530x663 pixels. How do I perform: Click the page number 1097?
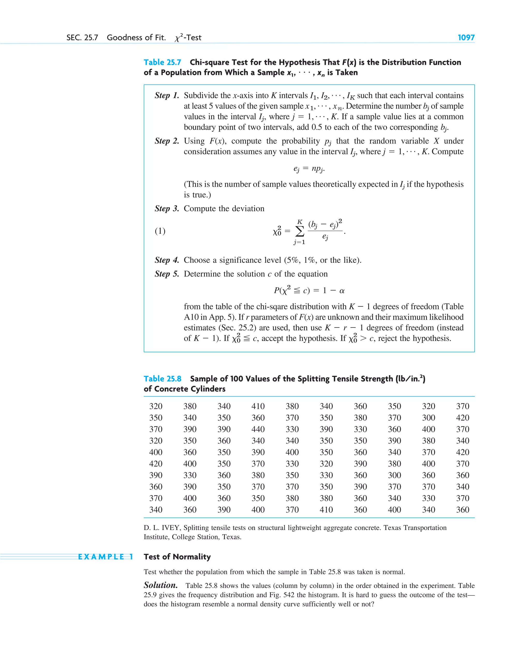point(466,38)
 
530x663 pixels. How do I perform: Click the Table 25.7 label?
point(162,62)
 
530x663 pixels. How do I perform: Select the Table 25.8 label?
point(162,378)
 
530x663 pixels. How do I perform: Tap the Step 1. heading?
point(167,95)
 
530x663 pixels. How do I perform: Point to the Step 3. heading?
point(167,208)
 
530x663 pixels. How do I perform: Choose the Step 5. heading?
point(167,274)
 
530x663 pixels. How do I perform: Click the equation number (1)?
point(160,231)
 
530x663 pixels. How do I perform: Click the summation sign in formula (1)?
point(299,231)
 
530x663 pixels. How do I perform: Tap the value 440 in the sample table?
point(258,429)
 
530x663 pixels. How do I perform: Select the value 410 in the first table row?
point(258,406)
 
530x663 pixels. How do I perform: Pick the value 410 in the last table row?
point(326,509)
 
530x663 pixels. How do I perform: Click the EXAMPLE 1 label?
point(105,557)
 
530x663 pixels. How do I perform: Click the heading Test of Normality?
point(177,557)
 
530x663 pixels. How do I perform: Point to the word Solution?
point(160,585)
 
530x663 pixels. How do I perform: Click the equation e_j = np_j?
point(309,169)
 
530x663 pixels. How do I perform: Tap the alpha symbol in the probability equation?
point(342,291)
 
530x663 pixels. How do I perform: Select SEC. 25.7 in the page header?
point(82,38)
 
